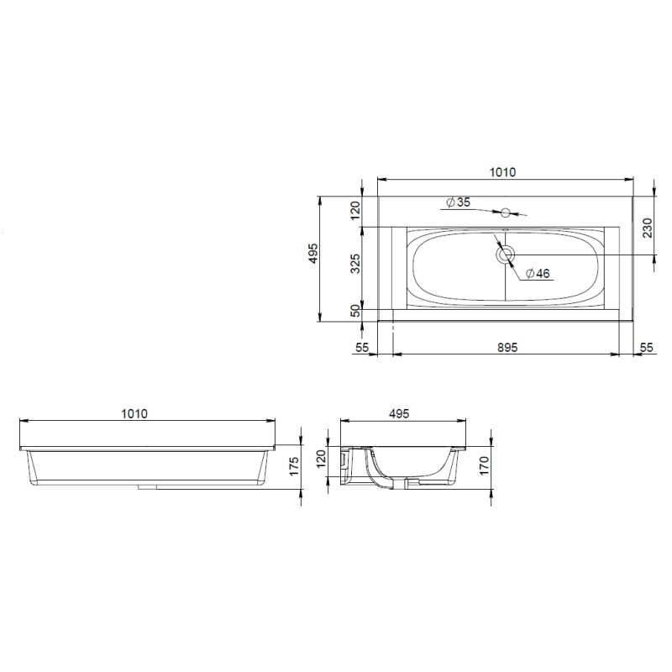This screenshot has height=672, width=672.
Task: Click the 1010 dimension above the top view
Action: click(502, 172)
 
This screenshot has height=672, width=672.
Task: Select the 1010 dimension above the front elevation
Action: click(134, 413)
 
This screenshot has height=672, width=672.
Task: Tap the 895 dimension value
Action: click(506, 346)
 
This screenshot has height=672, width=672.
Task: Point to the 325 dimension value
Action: click(354, 265)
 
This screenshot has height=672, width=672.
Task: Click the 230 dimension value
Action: click(647, 228)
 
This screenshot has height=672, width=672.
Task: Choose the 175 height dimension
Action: click(293, 468)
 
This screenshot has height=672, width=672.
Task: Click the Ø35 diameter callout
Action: click(459, 202)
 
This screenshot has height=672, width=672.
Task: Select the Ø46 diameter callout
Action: click(537, 274)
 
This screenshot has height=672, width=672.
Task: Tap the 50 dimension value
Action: click(354, 311)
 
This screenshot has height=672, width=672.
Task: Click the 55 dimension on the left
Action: click(363, 346)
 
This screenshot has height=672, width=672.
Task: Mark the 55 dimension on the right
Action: click(646, 346)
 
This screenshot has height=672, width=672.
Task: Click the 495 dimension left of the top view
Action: click(312, 255)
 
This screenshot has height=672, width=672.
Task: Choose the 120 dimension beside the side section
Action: click(320, 459)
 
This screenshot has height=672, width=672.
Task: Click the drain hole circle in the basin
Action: click(506, 255)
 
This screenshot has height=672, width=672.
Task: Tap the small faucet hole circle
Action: click(507, 212)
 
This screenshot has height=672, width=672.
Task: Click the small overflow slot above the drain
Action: click(505, 228)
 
